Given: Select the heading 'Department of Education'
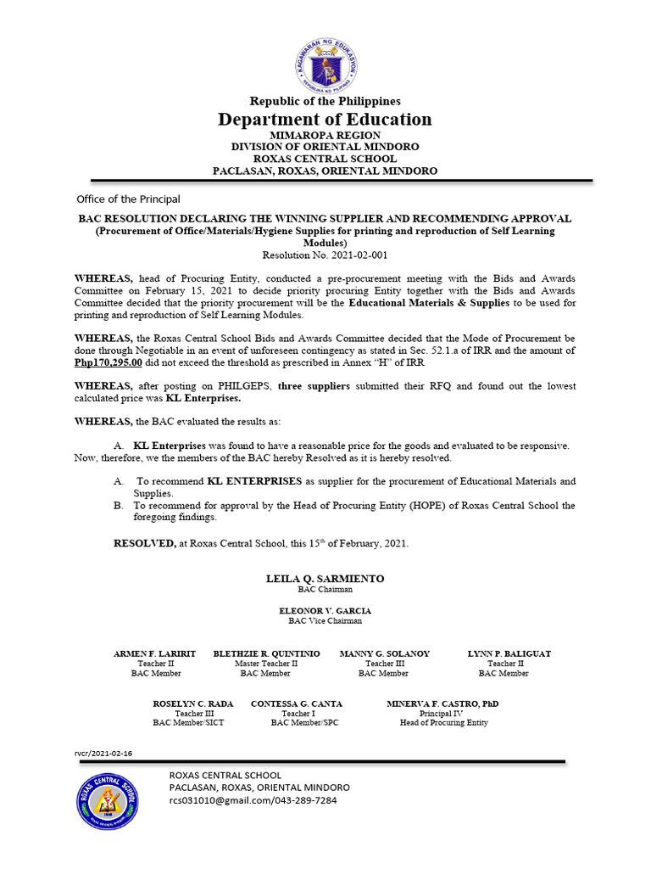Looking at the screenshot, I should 325,120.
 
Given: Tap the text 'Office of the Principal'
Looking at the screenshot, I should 128,199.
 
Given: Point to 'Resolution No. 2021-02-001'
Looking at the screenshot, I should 325,254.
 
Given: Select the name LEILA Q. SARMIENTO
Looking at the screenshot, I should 325,579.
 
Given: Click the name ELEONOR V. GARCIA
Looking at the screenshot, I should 325,611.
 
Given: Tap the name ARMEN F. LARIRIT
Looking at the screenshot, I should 155,654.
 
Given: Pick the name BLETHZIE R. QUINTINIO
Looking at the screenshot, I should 265,654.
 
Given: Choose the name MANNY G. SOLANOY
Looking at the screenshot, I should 384,654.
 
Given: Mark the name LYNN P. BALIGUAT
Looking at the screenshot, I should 509,654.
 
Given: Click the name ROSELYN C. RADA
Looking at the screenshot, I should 192,704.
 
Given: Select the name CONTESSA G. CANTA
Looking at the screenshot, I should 297,704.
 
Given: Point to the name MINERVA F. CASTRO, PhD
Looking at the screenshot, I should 442,704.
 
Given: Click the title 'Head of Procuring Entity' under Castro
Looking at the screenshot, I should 443,723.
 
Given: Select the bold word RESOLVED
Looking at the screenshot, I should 143,544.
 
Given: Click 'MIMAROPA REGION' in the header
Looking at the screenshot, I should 325,136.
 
